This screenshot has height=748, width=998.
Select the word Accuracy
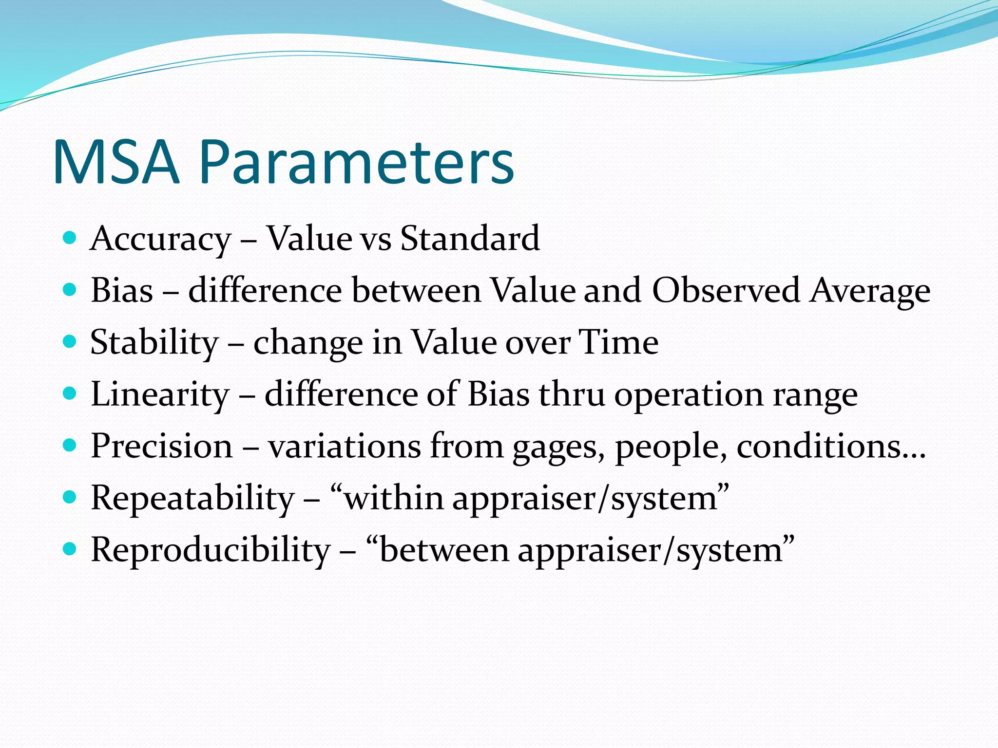pos(160,239)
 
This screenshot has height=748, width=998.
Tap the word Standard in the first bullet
pos(470,239)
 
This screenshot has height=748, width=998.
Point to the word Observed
pos(726,291)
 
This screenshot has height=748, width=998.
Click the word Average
pos(870,291)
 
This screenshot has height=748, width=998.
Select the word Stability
pos(154,342)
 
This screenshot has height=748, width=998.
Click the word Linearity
pos(160,394)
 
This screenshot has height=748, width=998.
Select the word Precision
pos(162,446)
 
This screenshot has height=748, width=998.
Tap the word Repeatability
pos(192,498)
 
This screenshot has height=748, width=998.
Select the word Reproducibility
pos(211,550)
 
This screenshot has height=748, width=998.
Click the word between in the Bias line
pos(416,291)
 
